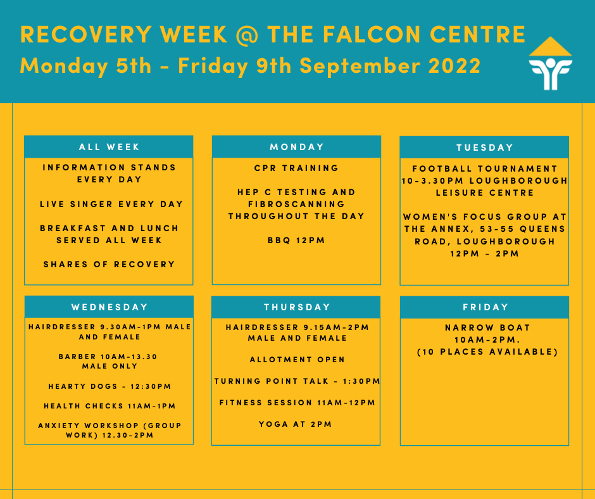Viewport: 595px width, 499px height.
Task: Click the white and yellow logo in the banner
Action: click(550, 63)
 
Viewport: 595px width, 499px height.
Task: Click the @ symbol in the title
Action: click(247, 35)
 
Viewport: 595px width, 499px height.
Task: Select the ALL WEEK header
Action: click(109, 147)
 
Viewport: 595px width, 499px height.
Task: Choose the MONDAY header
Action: click(296, 147)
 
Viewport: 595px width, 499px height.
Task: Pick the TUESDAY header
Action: click(485, 148)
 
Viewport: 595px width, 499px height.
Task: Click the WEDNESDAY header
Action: click(110, 307)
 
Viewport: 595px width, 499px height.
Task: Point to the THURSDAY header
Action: click(296, 307)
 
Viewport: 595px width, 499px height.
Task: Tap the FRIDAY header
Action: click(485, 307)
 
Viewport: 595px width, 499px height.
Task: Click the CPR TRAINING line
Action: click(296, 168)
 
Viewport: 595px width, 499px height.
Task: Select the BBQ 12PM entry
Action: click(296, 241)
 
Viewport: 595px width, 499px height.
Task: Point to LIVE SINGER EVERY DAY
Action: click(111, 205)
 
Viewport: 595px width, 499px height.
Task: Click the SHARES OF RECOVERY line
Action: click(110, 264)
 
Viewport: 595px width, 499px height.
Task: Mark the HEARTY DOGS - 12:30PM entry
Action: click(110, 386)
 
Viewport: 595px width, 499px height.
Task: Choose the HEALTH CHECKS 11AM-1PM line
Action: click(110, 406)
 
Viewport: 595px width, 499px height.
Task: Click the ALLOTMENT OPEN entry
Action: click(297, 360)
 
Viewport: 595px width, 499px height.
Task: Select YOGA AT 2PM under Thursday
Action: click(296, 424)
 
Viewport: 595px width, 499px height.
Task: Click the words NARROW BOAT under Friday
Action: click(487, 328)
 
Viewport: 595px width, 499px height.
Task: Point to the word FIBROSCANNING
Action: click(296, 205)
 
